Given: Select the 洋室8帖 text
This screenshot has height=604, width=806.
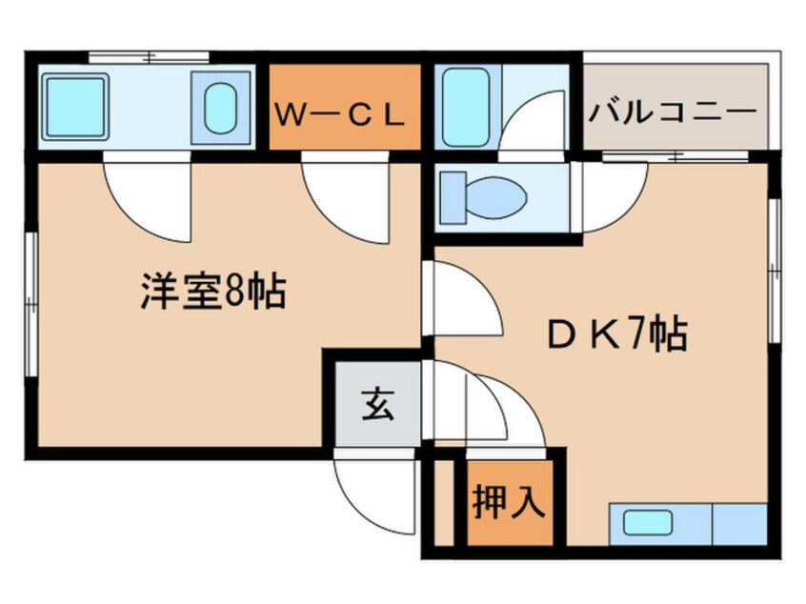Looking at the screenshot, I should pyautogui.click(x=213, y=292).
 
